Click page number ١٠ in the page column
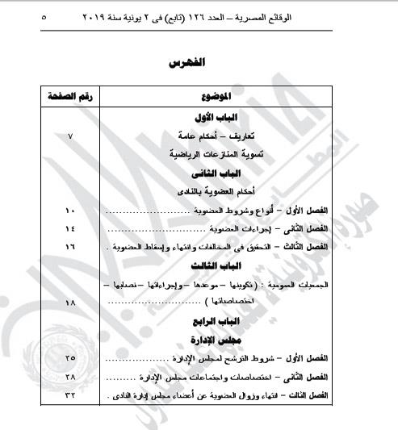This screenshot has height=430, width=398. [69, 211]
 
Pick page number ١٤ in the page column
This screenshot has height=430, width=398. [69, 228]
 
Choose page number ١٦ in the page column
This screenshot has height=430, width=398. [69, 246]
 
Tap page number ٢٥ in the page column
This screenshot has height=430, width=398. [69, 357]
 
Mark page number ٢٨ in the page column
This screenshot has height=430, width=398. [69, 376]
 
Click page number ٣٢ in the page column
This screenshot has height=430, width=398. [69, 395]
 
